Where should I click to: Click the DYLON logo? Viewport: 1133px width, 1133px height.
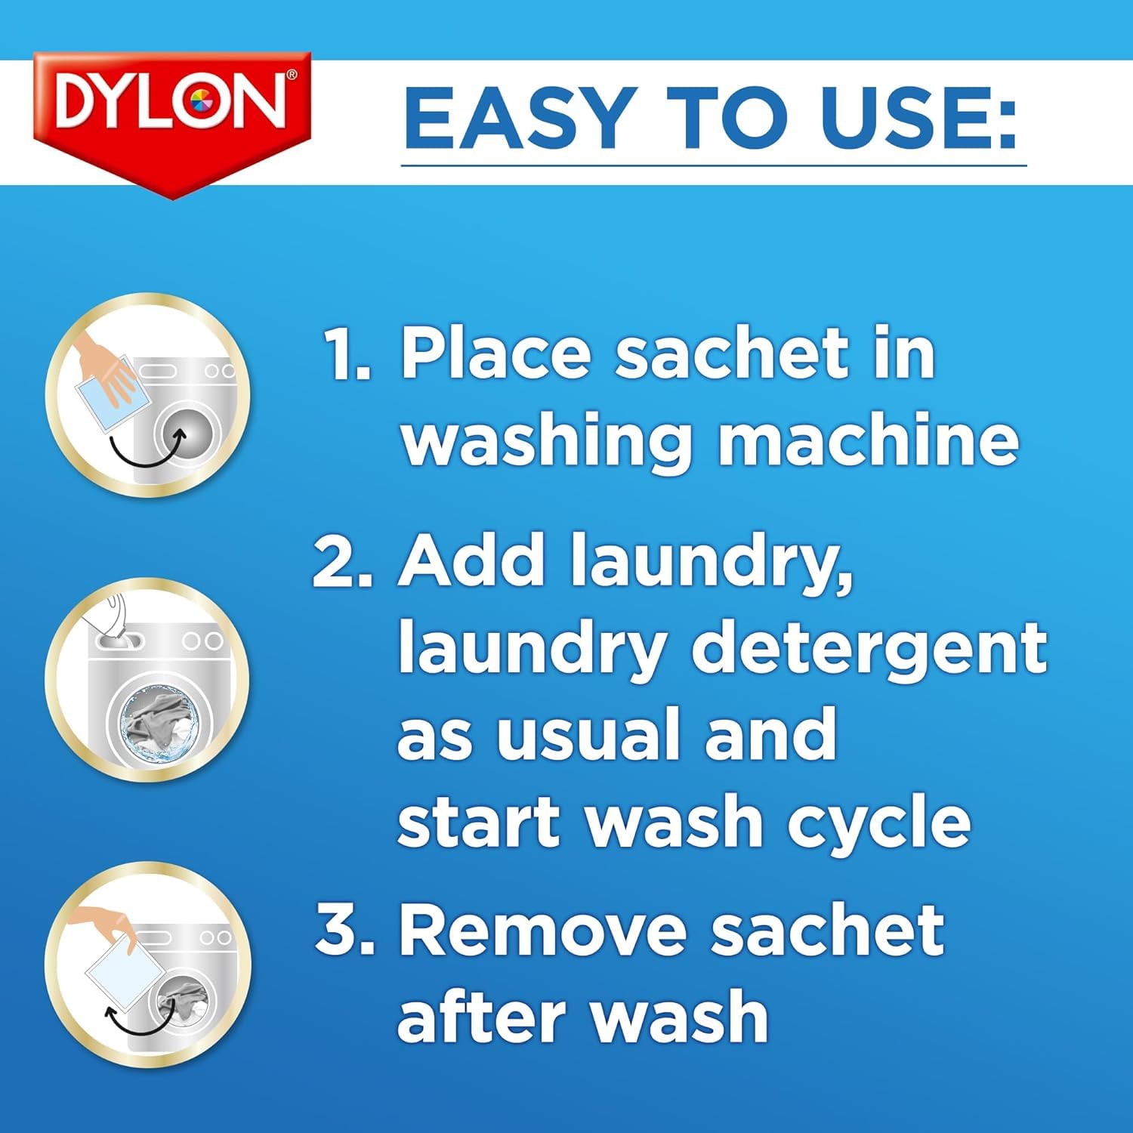[171, 106]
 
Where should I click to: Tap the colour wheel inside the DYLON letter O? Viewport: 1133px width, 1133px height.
[201, 103]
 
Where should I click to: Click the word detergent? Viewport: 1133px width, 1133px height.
[869, 649]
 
